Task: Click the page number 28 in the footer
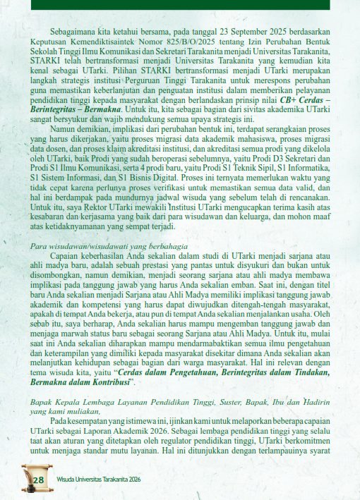coord(38,481)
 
